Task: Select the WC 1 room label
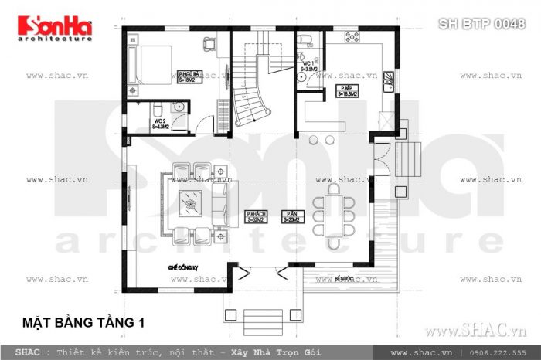point(309,66)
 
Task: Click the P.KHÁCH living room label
point(257,216)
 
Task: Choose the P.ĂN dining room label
point(291,216)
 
